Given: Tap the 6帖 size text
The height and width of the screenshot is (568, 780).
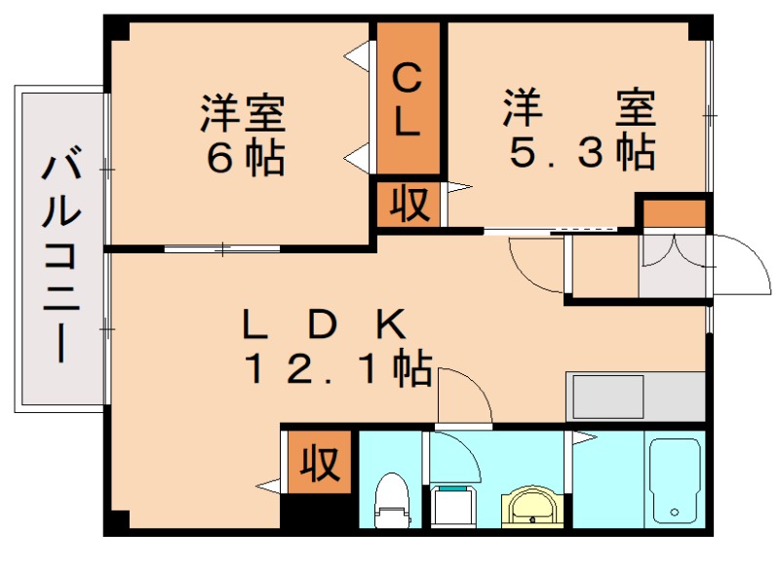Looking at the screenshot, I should tap(244, 158).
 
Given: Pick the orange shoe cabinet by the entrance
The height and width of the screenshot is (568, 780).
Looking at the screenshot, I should tap(672, 211).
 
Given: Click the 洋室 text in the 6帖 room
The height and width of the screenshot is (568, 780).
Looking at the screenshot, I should tap(244, 113).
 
